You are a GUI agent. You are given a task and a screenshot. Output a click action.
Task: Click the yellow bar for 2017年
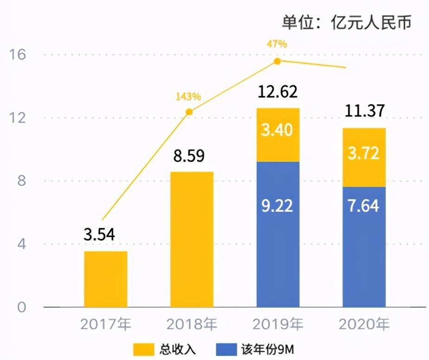[105, 279]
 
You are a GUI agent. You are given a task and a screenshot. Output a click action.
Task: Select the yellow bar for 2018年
[192, 239]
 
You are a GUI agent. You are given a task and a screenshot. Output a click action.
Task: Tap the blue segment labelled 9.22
[278, 234]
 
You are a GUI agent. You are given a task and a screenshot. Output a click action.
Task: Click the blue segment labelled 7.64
[364, 247]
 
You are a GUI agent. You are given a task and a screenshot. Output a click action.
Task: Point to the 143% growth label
[188, 97]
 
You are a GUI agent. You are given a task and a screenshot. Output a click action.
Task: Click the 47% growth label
[277, 45]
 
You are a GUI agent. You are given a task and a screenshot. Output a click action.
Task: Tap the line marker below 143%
[189, 112]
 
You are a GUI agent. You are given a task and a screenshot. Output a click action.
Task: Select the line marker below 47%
[277, 61]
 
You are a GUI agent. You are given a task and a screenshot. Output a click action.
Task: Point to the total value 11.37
[364, 111]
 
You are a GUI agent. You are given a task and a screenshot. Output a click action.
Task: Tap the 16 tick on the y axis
[18, 55]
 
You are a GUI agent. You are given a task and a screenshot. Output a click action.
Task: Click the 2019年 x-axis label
[278, 323]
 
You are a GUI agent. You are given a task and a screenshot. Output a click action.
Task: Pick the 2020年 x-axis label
[364, 323]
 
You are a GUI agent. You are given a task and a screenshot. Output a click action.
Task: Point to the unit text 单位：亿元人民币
[346, 22]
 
